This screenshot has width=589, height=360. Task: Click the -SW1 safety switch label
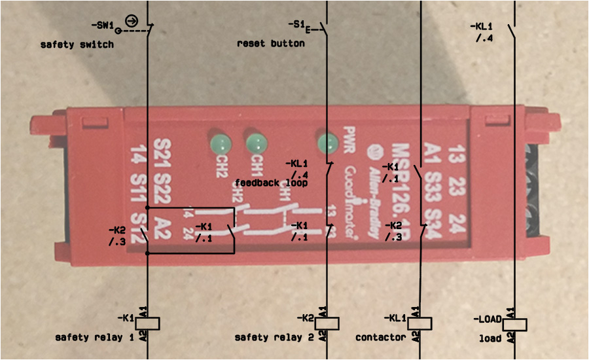click(103, 25)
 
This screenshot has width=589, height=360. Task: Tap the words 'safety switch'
click(77, 45)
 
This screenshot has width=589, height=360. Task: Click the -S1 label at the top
click(296, 24)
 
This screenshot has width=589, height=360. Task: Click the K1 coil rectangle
click(148, 323)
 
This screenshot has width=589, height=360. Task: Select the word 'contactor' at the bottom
click(380, 338)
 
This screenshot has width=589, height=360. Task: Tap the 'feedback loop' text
click(271, 183)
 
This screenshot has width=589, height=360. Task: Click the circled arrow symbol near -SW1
click(131, 20)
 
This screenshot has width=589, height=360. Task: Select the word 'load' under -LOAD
click(490, 338)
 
